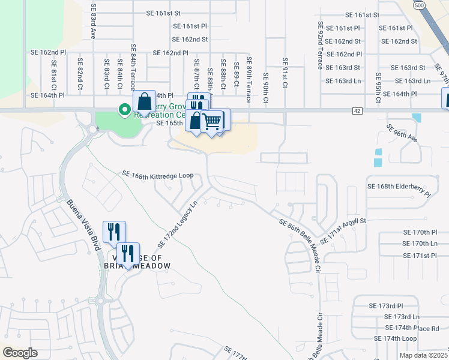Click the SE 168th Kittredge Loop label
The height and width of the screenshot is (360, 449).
coord(158,175)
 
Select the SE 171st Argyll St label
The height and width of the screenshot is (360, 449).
coord(343,232)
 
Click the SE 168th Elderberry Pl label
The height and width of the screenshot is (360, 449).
coord(399,191)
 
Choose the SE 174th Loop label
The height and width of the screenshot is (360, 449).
coord(394,338)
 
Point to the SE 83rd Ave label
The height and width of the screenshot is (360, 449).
coord(94,22)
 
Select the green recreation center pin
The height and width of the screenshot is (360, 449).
coord(125,110)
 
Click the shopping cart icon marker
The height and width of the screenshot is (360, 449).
coord(211,121)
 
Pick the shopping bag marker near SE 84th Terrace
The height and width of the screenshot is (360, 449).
coord(145,100)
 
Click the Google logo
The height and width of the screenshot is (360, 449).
coord(20,353)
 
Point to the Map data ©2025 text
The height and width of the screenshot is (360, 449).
coord(423,355)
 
